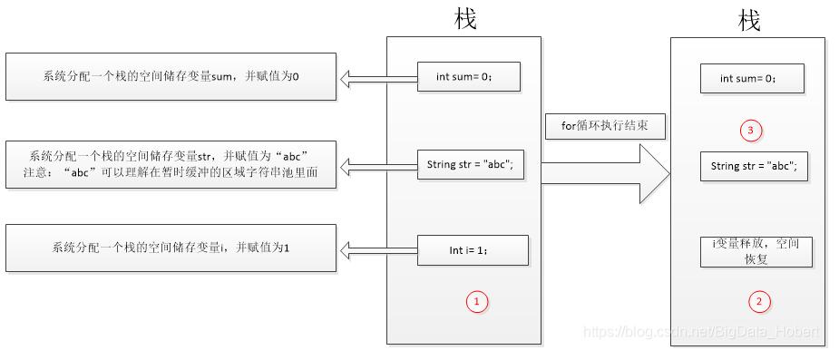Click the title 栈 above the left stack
[465, 18]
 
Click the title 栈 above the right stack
[749, 20]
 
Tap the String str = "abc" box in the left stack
[470, 164]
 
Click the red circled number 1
[477, 301]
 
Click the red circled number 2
[760, 301]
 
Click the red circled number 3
[749, 131]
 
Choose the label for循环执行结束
[604, 125]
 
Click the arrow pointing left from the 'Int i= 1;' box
[378, 248]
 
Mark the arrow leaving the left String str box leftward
[378, 165]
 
